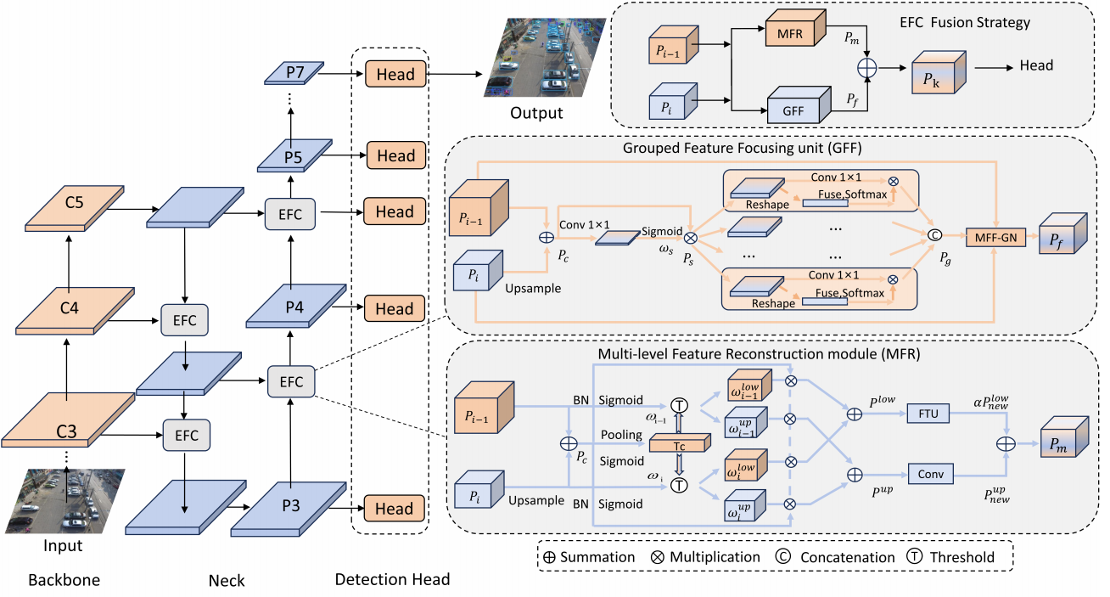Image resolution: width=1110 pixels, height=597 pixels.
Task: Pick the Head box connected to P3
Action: [x=395, y=509]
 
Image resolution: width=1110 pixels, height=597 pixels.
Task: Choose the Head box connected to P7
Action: [x=395, y=74]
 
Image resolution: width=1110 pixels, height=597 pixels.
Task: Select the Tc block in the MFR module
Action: [x=678, y=442]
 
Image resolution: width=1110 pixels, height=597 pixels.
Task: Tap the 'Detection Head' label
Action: [x=392, y=580]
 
